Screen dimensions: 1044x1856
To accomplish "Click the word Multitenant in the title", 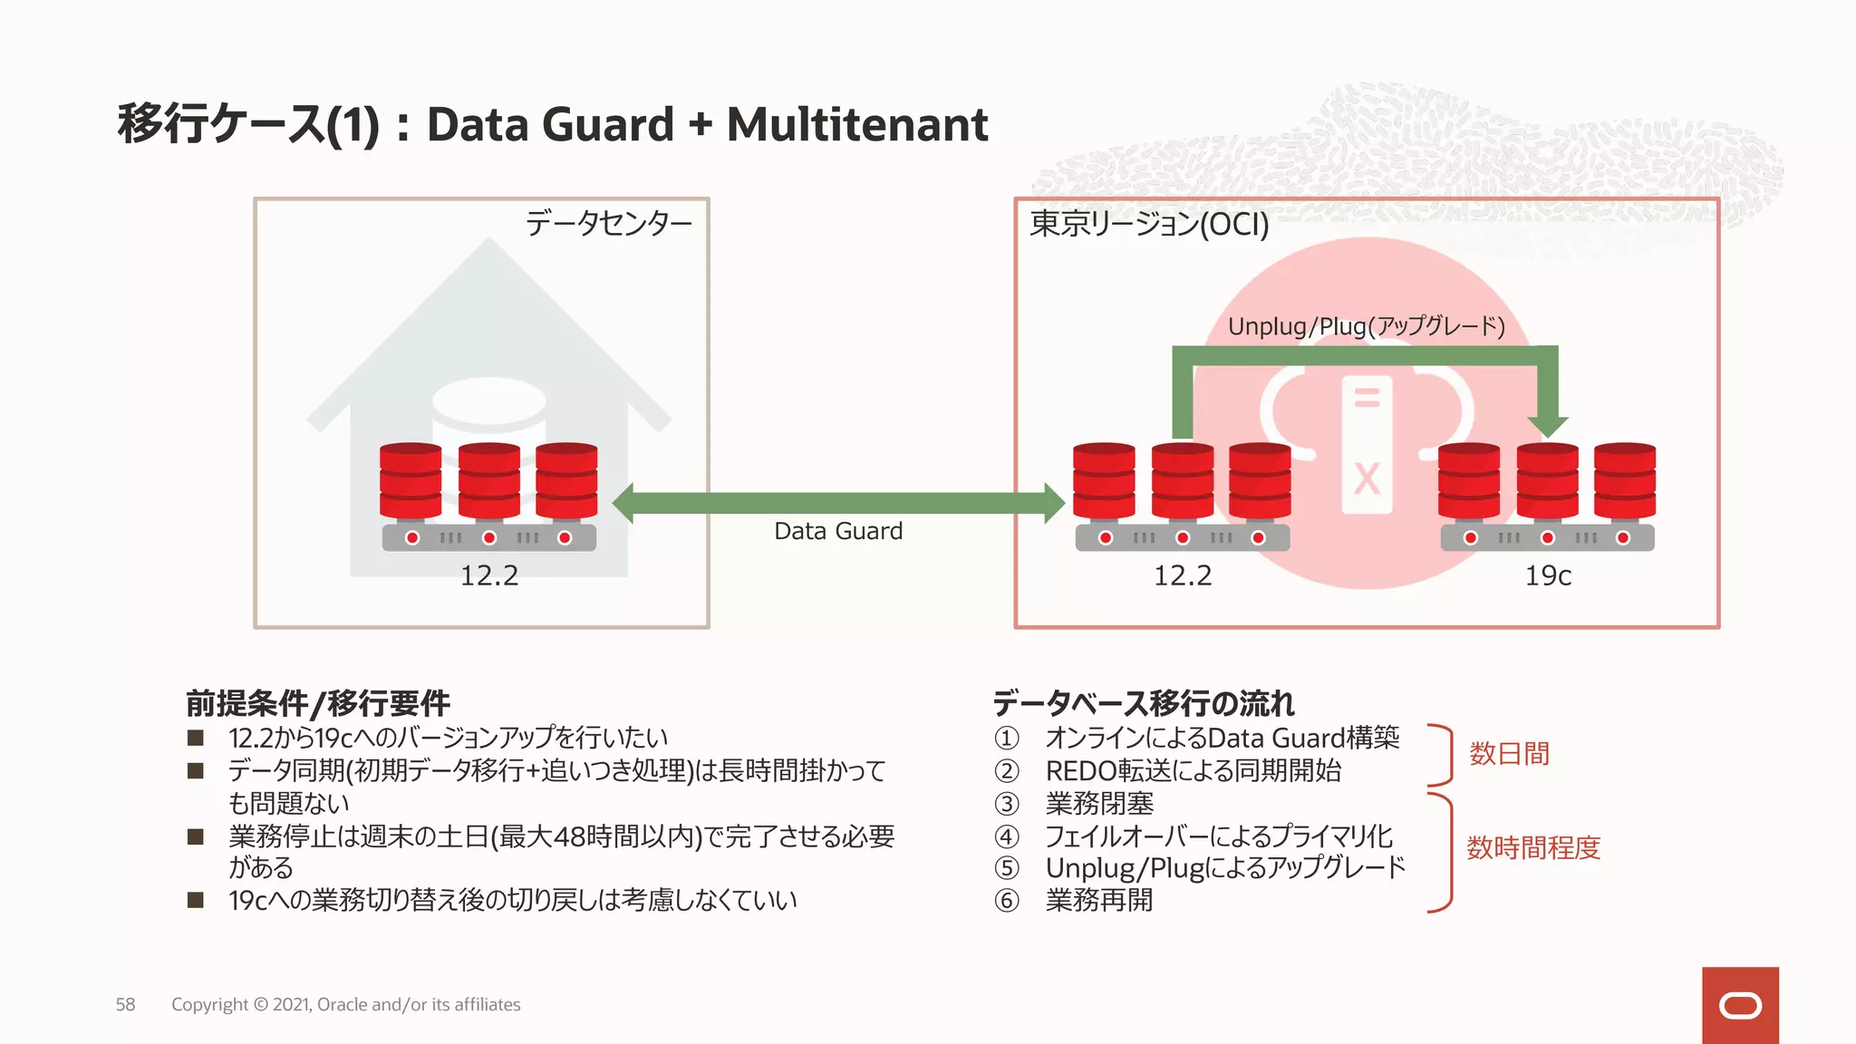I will tap(856, 125).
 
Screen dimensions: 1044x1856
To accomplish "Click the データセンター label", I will tap(608, 223).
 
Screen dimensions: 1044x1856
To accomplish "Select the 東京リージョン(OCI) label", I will tap(1149, 224).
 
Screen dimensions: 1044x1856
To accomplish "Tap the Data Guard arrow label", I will tap(838, 531).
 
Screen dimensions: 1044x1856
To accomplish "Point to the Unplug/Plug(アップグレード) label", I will tap(1366, 326).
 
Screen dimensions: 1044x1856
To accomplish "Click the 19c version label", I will tap(1548, 575).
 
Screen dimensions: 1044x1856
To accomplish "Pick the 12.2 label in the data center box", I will tap(489, 575).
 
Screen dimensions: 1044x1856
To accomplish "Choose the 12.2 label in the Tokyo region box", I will tap(1183, 575).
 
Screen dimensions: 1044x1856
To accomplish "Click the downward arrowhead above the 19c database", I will tap(1547, 424).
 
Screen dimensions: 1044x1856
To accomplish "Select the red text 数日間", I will tap(1509, 754).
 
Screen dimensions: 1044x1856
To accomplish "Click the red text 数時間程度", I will tap(1533, 848).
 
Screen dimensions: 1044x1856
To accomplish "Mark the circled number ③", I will tap(1007, 804).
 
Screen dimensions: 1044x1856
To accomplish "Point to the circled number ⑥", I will tap(1007, 901).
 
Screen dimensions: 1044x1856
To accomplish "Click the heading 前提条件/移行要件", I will tap(318, 703).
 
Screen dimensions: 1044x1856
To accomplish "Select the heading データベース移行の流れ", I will tap(1144, 703).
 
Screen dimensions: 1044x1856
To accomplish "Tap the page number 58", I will tap(125, 1004).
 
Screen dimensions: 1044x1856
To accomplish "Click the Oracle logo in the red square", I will tap(1740, 1006).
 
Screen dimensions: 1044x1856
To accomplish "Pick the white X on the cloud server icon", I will tap(1367, 478).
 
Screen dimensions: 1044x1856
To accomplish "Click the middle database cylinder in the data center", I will tap(489, 480).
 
